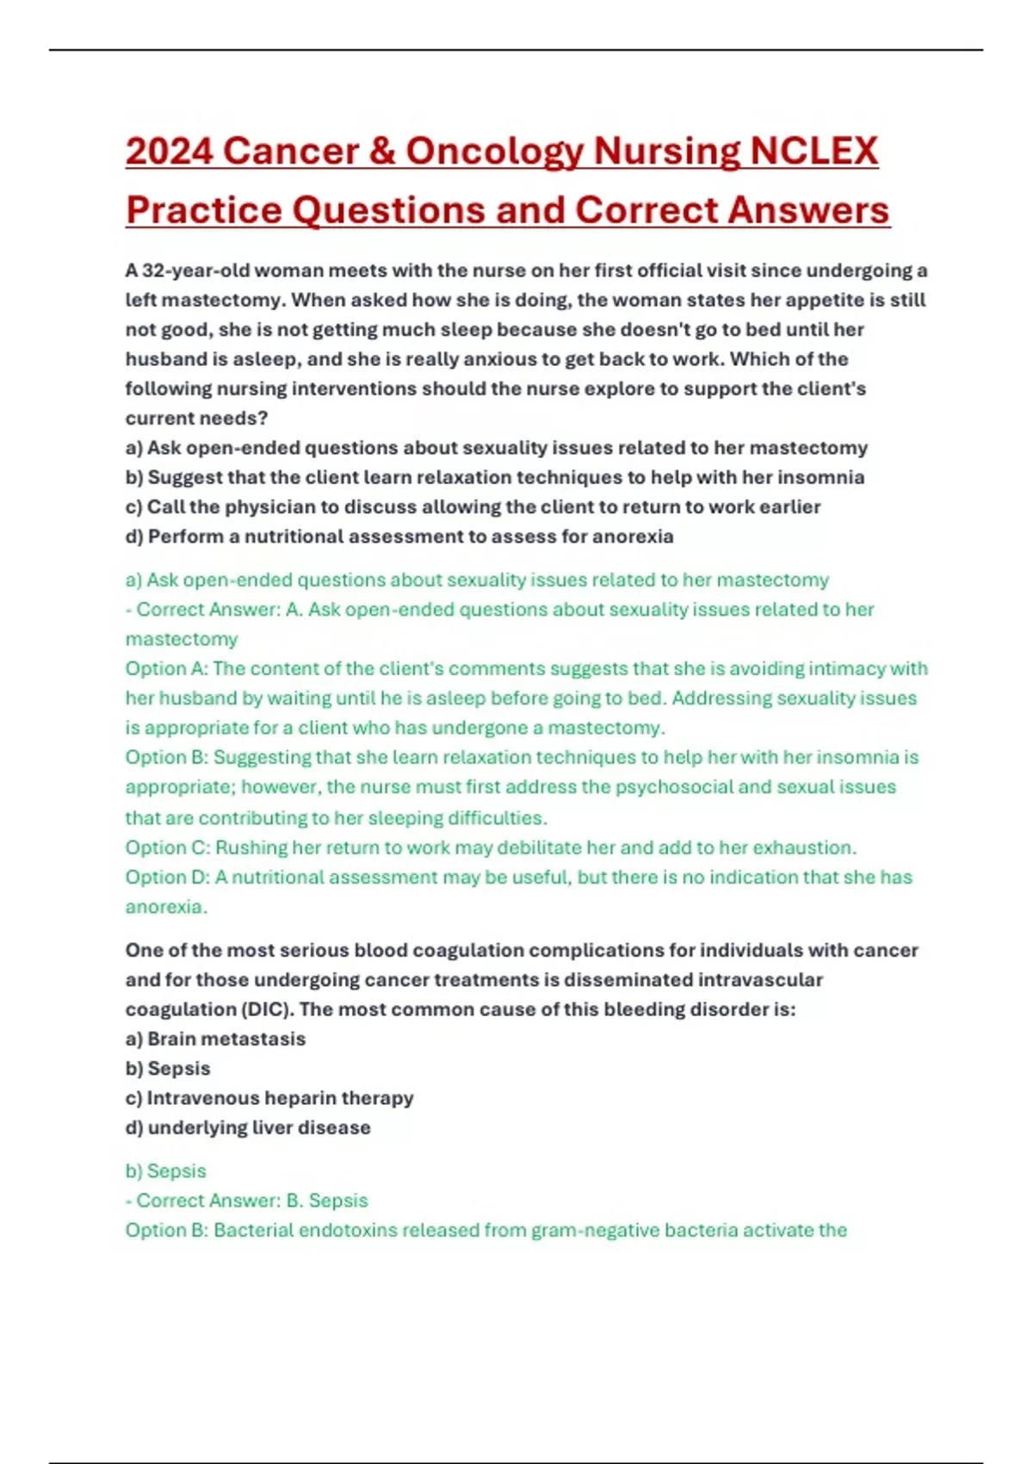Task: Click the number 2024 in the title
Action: [x=169, y=152]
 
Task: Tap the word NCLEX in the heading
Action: [x=813, y=152]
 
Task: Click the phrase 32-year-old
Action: [x=195, y=270]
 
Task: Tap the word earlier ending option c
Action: [x=789, y=506]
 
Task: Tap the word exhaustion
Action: [x=805, y=847]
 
